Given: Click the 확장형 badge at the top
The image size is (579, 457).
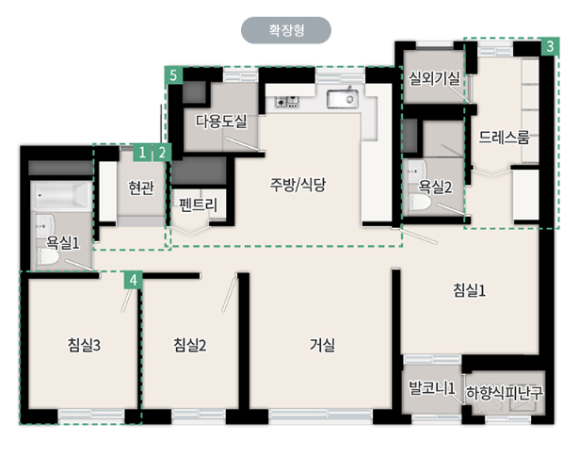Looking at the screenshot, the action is point(286,30).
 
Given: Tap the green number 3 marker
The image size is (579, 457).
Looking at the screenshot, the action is point(550,46).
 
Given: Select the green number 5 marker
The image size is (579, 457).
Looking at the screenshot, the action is point(174,75).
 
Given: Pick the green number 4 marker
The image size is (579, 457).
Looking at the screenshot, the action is point(134,280).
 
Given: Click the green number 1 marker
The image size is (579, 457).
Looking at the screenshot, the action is point(142,153).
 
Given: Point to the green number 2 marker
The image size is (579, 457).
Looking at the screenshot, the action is point(162,153).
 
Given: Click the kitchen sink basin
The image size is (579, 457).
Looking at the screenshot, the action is point(343,99).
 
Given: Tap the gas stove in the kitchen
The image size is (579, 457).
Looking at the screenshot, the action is point(286,101).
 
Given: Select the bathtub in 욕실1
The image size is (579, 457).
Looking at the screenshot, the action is point(61,195).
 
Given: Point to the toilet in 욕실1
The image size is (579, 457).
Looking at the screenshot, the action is point(46,256).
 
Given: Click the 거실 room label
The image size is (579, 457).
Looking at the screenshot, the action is point(322,345).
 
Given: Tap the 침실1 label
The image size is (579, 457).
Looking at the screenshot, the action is point(470,290).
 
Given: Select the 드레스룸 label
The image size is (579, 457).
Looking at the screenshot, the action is point(504,137).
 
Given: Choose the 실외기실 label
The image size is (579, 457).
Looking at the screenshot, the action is point(434,78).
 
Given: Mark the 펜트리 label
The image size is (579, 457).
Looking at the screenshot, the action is point(198,204).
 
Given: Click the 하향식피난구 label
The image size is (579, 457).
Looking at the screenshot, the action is point(505,393).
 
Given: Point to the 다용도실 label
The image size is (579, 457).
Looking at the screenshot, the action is point(221,122).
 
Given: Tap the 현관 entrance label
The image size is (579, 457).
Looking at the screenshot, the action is point(141,188).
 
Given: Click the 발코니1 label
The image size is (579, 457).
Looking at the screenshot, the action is point(432,388).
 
